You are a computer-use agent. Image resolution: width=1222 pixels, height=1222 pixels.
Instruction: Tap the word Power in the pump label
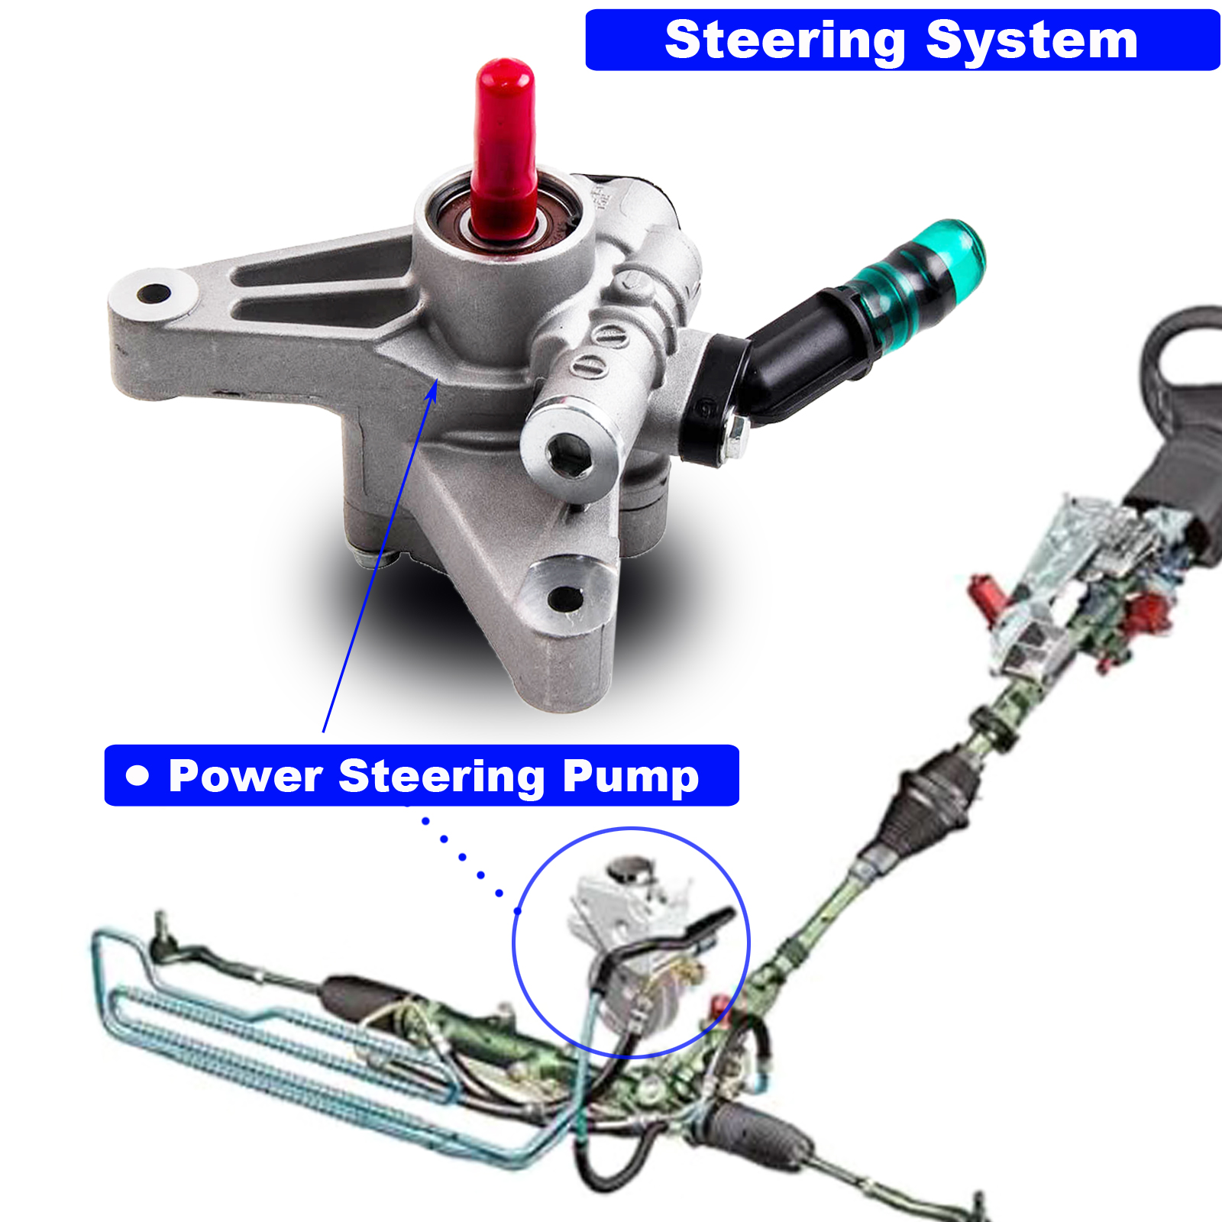click(x=244, y=776)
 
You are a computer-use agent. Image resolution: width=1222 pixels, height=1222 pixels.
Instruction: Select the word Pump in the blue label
click(x=630, y=777)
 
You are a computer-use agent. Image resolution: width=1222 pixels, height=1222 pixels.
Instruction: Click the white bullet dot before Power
click(x=137, y=775)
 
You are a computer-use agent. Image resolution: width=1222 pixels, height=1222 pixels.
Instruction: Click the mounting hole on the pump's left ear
click(x=155, y=293)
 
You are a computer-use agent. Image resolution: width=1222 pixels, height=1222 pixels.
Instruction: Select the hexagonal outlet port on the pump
click(x=569, y=454)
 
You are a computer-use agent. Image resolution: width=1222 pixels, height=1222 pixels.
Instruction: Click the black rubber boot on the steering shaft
click(x=928, y=802)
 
